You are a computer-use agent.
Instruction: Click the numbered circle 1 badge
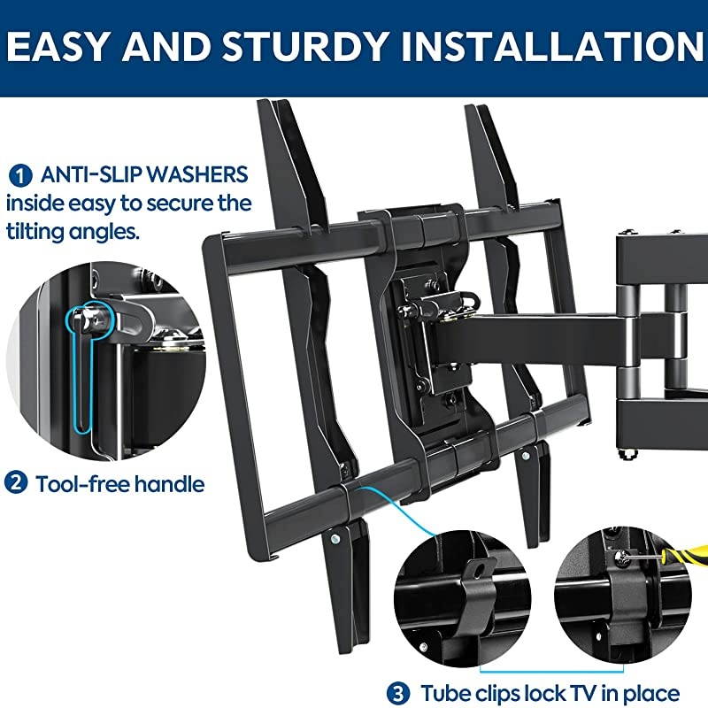tap(17, 173)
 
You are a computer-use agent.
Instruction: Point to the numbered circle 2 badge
tap(17, 483)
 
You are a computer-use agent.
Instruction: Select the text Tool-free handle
tap(120, 484)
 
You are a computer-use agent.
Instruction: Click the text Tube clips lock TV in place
tap(549, 693)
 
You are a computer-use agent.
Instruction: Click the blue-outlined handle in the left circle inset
tap(81, 372)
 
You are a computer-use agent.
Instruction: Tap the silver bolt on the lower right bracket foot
tap(526, 456)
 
